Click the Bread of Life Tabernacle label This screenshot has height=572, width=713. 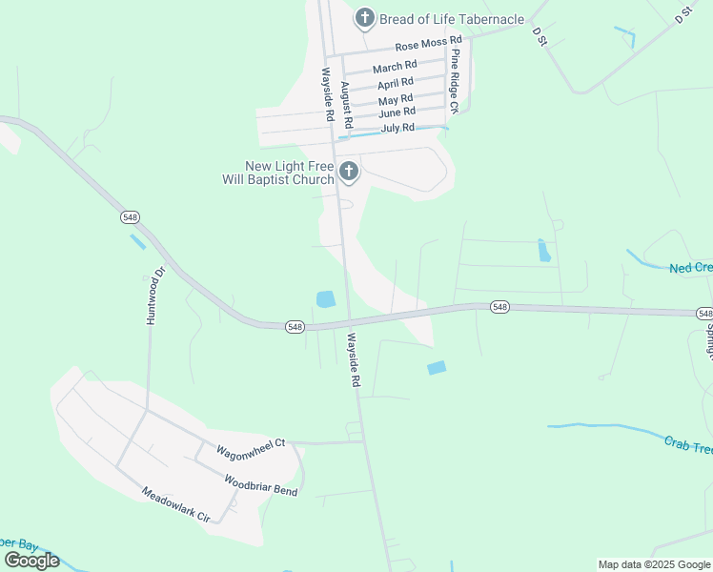click(452, 19)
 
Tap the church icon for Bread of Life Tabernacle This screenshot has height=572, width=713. click(364, 18)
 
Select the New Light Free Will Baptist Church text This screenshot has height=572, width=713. click(290, 173)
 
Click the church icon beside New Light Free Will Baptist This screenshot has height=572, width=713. click(349, 172)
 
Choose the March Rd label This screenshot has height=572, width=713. click(395, 67)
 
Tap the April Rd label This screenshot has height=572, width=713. click(395, 84)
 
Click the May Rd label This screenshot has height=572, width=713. click(395, 99)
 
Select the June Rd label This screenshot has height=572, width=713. click(396, 112)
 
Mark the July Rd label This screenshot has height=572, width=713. click(397, 128)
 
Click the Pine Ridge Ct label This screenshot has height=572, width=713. click(455, 81)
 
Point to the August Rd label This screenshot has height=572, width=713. click(347, 106)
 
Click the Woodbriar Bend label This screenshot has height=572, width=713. click(260, 484)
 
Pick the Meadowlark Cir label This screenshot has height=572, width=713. click(175, 505)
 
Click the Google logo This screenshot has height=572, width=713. click(31, 561)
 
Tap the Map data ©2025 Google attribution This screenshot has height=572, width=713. click(654, 564)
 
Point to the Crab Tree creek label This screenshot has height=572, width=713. click(686, 445)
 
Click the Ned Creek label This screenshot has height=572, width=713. click(690, 269)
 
